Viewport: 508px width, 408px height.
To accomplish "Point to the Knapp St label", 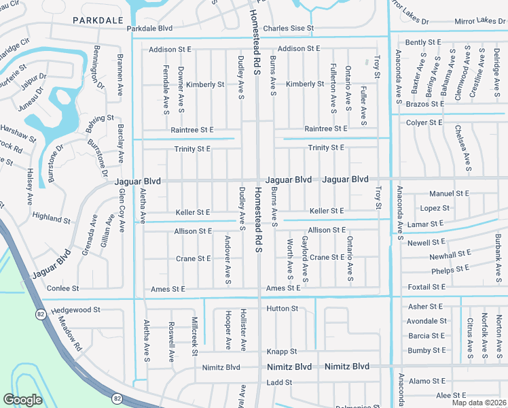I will click(x=282, y=352).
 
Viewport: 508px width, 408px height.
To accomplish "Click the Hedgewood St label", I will click(x=75, y=309).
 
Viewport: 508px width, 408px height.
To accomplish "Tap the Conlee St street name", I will click(x=62, y=289).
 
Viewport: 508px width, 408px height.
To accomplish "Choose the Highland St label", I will click(x=52, y=218).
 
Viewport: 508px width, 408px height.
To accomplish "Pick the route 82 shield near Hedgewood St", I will click(x=40, y=313).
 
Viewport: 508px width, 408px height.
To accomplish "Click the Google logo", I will click(x=22, y=400).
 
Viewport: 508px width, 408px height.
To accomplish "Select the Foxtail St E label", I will click(x=425, y=288).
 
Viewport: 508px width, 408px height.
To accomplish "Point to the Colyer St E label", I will click(x=424, y=122).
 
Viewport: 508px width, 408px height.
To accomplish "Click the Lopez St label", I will click(x=435, y=208).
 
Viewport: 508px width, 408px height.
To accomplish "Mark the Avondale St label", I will click(x=427, y=321).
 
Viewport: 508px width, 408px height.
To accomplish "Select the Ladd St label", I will click(x=279, y=383).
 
